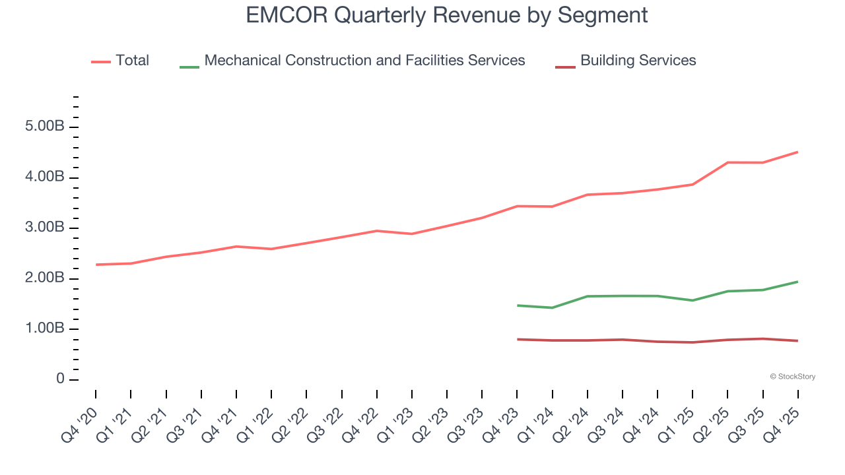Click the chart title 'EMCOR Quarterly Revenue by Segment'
click(x=446, y=15)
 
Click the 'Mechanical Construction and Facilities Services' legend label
click(x=364, y=61)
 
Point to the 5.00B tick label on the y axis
click(x=44, y=127)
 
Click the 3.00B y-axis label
click(x=44, y=228)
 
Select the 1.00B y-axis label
click(x=44, y=329)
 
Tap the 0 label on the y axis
click(x=60, y=379)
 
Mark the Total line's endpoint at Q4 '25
click(x=797, y=152)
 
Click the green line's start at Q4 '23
click(x=518, y=305)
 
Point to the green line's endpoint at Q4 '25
click(x=797, y=282)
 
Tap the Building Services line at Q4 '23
click(x=518, y=339)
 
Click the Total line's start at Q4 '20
click(x=96, y=265)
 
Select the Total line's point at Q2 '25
click(x=727, y=162)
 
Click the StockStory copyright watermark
click(x=792, y=377)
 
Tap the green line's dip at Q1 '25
click(x=693, y=300)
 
